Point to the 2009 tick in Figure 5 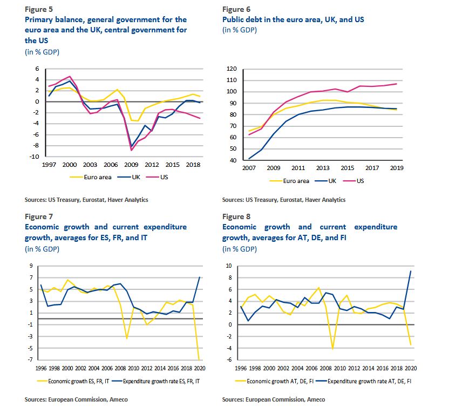(x=131, y=164)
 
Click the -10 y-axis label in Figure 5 (x=36, y=157)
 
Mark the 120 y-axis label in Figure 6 (x=233, y=69)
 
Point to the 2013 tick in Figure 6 (x=323, y=168)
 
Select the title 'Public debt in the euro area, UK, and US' (x=293, y=19)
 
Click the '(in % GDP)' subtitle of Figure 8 (x=240, y=248)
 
